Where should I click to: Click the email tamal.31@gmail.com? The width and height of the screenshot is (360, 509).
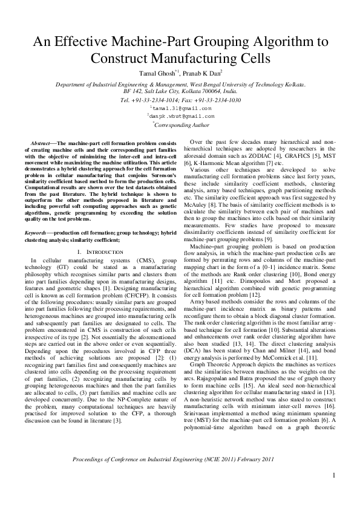[181, 108]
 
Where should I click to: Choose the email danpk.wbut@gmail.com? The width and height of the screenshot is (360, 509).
[181, 115]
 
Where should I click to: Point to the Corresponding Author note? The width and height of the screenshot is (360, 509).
[181, 124]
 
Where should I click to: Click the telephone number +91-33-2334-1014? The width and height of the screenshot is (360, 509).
[154, 100]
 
